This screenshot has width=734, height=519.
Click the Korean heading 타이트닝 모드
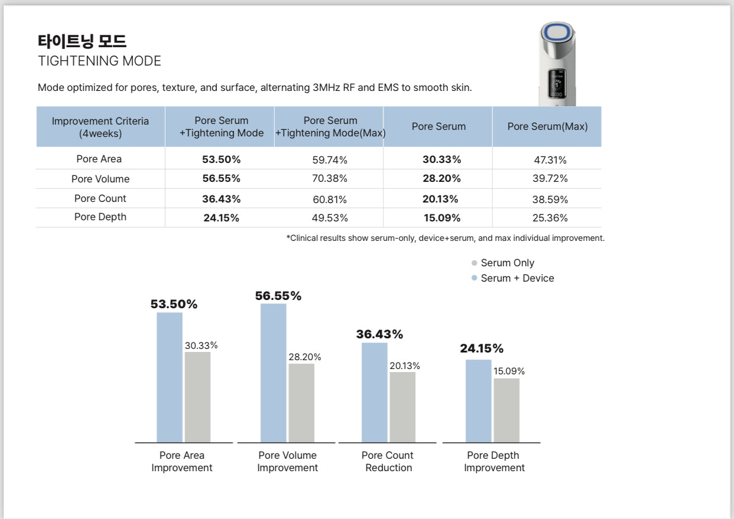pyautogui.click(x=82, y=41)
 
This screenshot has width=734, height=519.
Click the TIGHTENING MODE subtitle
pyautogui.click(x=99, y=61)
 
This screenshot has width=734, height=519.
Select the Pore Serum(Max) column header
pyautogui.click(x=547, y=126)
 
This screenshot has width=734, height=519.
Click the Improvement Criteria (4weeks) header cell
pyautogui.click(x=100, y=126)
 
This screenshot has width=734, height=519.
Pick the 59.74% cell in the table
pyautogui.click(x=330, y=159)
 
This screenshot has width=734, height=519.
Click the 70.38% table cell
pyautogui.click(x=330, y=178)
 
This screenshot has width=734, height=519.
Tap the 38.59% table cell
pyautogui.click(x=550, y=200)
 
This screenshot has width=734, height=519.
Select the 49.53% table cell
pyautogui.click(x=330, y=218)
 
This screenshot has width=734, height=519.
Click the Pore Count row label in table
pyautogui.click(x=100, y=198)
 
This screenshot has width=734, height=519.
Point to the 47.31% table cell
pyautogui.click(x=550, y=160)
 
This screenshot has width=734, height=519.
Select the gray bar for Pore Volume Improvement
pyautogui.click(x=301, y=403)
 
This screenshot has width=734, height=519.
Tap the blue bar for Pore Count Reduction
pyautogui.click(x=375, y=392)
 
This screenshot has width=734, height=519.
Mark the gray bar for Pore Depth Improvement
pyautogui.click(x=506, y=410)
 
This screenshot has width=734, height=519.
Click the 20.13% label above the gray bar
pyautogui.click(x=405, y=366)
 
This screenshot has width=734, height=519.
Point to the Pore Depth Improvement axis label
pyautogui.click(x=494, y=462)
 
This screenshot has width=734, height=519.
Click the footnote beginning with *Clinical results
pyautogui.click(x=445, y=239)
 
